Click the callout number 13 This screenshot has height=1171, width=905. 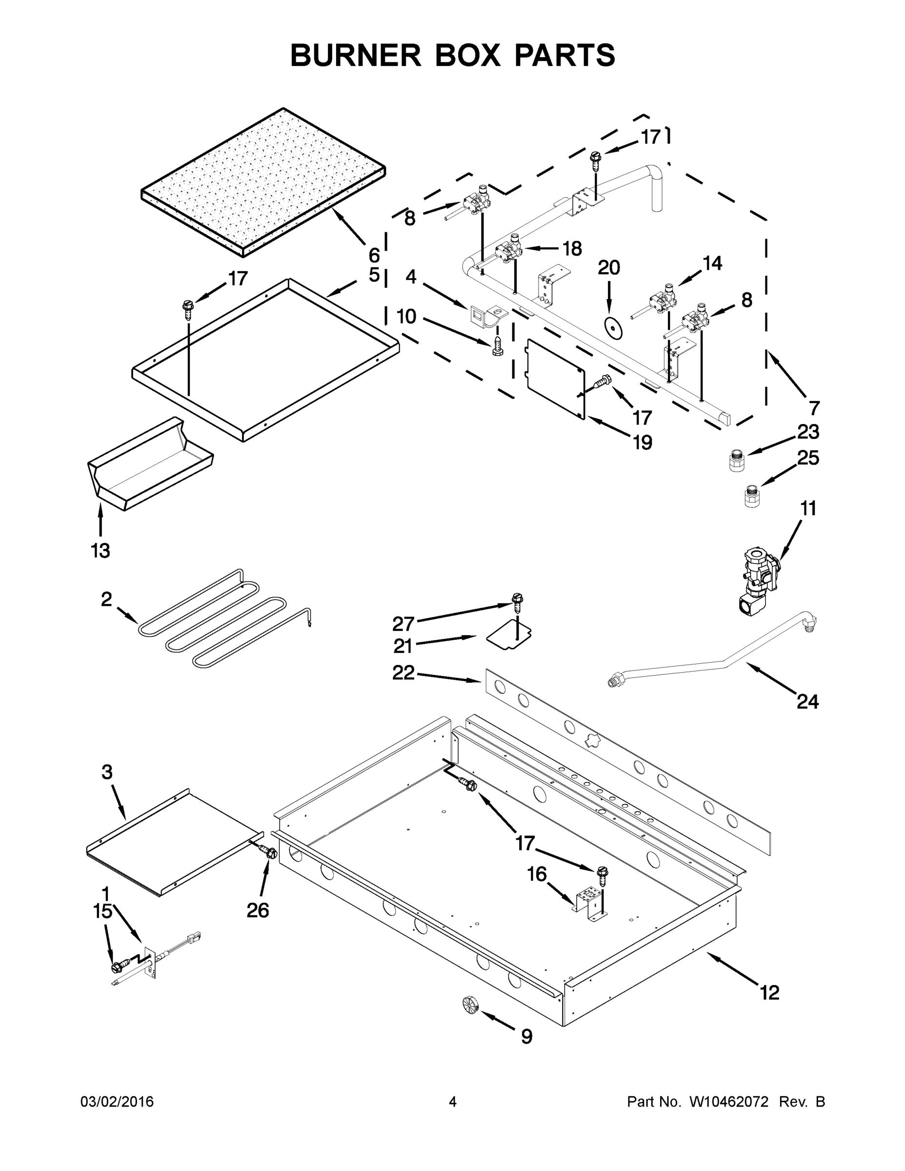101,551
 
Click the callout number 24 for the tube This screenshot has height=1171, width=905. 807,701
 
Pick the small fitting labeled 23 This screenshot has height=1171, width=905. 737,461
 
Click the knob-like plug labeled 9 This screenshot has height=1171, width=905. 470,1004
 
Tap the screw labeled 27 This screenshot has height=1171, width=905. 517,603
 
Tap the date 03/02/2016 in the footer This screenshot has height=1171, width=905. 117,1102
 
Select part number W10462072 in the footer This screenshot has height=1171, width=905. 728,1102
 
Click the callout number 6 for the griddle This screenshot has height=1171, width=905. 374,255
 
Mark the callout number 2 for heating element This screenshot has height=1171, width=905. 106,599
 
